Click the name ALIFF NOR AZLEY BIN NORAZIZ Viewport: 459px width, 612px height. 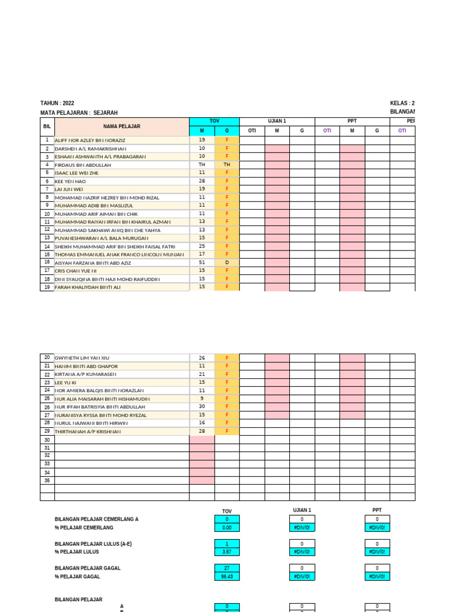click(90, 140)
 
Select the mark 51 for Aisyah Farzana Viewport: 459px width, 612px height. click(202, 262)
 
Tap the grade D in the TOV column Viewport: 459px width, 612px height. click(227, 262)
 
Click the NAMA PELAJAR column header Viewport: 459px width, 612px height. click(121, 127)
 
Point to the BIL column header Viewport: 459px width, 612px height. click(47, 127)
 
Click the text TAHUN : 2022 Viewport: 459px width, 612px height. click(57, 103)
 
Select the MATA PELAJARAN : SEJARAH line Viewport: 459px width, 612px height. click(79, 113)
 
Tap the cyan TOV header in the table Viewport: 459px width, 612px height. click(214, 121)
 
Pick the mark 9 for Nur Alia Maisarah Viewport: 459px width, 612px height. click(202, 399)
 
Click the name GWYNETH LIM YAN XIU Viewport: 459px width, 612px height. click(82, 358)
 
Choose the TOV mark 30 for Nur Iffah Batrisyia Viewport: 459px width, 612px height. click(202, 406)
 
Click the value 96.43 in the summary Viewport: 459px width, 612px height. click(227, 577)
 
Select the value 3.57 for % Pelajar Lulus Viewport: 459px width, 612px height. click(227, 552)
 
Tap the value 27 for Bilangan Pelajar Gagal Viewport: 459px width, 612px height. click(227, 568)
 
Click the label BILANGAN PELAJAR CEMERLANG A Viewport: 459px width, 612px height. click(96, 519)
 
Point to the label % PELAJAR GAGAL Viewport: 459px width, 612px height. click(78, 577)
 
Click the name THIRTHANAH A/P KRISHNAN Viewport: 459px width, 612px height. click(88, 432)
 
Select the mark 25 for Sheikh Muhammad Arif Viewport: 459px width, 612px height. click(202, 246)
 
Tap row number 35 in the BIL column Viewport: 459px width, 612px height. click(47, 481)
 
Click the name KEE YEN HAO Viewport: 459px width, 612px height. click(71, 181)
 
